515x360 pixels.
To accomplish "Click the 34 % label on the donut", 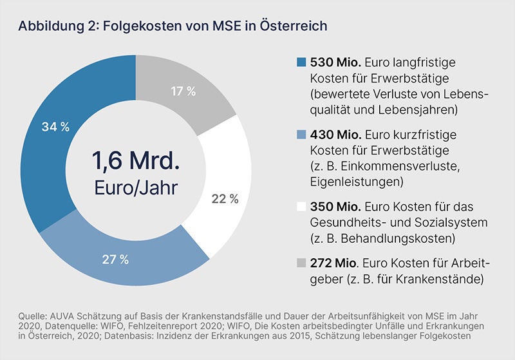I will pos(56,127).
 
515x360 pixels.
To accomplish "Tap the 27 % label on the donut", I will pos(116,260).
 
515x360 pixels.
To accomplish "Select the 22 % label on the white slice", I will pos(225,199).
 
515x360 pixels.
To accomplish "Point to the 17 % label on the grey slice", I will pos(183,91).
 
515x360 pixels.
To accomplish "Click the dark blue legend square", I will pos(301,64).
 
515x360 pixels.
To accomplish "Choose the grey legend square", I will pos(301,264).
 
